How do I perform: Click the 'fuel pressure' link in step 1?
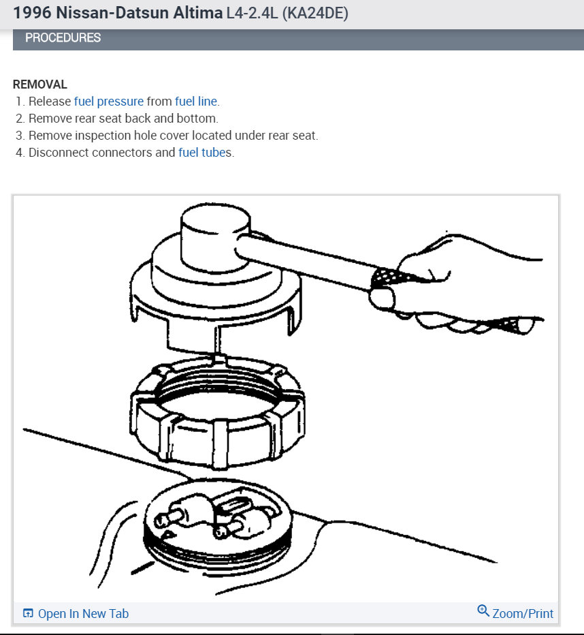(x=109, y=102)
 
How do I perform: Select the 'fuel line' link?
(x=196, y=102)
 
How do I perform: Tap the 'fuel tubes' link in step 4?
(x=205, y=152)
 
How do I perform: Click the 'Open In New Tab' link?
(x=83, y=613)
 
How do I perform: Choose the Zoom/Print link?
(x=523, y=613)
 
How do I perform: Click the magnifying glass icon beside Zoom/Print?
(x=483, y=610)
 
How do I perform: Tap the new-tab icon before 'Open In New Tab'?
(x=28, y=613)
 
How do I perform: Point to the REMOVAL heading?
(x=40, y=84)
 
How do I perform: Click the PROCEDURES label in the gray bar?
(x=63, y=37)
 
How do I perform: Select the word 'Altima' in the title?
(x=198, y=13)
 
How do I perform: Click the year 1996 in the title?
(x=33, y=13)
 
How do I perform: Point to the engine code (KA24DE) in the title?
(x=315, y=13)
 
